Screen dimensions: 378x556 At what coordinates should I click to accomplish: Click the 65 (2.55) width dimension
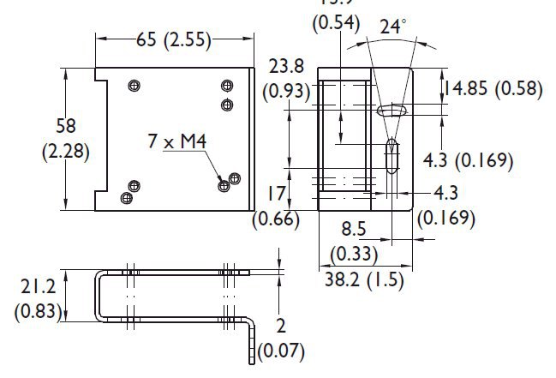[174, 39]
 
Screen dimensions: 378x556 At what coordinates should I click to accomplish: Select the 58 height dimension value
[66, 126]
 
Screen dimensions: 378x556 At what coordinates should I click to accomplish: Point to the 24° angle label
[392, 27]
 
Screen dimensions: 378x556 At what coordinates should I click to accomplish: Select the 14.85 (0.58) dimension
[492, 87]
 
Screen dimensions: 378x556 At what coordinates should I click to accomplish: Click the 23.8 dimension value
[285, 67]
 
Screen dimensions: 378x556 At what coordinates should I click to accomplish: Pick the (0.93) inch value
[286, 90]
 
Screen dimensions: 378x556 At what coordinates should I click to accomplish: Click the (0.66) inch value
[276, 219]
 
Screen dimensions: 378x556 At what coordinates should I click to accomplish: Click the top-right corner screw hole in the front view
[227, 85]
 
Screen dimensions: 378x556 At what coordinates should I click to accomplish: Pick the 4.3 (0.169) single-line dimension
[469, 159]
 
